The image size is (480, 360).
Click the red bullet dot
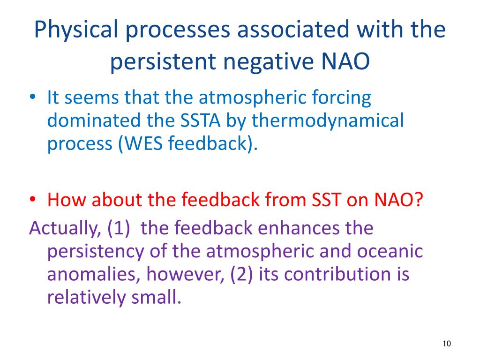(x=32, y=200)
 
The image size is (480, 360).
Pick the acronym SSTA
(x=200, y=120)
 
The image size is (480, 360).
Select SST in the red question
(x=326, y=200)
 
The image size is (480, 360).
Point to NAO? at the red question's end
(x=398, y=200)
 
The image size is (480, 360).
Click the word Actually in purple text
(x=65, y=229)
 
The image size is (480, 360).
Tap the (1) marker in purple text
(x=119, y=228)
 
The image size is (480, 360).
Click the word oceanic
(x=390, y=251)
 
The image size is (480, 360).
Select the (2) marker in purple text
(x=241, y=274)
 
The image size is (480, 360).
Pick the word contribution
(x=325, y=274)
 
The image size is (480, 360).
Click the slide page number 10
(x=447, y=344)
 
